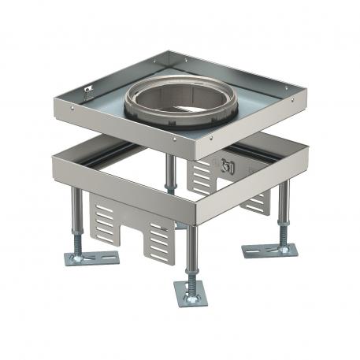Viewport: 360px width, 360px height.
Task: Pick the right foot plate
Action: tap(273, 251)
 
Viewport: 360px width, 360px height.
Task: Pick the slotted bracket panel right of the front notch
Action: tap(160, 237)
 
